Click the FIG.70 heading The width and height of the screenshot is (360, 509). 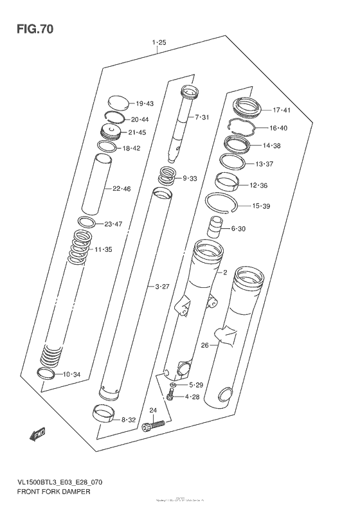(30, 29)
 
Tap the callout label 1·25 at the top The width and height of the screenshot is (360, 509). (159, 43)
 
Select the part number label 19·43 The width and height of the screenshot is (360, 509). (144, 103)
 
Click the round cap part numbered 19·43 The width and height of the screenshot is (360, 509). (118, 103)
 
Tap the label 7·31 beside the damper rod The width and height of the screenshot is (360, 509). (203, 117)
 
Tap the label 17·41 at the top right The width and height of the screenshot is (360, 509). (281, 110)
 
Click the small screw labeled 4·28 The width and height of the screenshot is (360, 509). (171, 395)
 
